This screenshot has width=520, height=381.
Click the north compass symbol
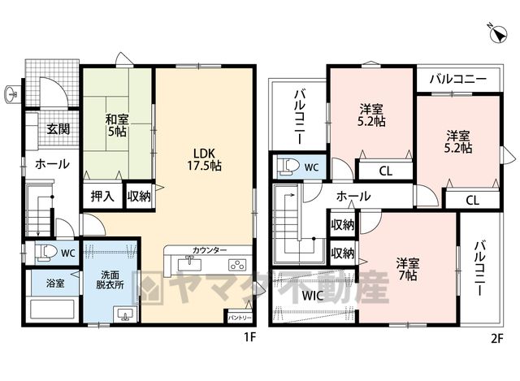coord(498,34)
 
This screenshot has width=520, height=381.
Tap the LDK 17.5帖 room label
coord(205,159)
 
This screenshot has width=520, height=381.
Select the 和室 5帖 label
coord(117,125)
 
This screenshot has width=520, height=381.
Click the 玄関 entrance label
coord(58,128)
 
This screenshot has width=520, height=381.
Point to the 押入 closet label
coord(102,197)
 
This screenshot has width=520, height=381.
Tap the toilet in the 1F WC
coord(44,253)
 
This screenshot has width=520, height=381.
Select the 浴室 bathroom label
coord(55,284)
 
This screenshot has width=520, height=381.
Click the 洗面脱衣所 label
coord(110,280)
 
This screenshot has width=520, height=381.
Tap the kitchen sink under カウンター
coord(189,264)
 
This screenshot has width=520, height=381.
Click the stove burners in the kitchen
coord(237,265)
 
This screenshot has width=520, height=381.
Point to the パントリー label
coord(240,318)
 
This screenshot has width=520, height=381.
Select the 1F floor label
coord(250,337)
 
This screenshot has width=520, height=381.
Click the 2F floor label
coord(497,338)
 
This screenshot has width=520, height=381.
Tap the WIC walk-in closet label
coord(312,296)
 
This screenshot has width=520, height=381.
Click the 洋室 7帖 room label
coord(408,269)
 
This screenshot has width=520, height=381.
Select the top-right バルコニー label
coord(458,80)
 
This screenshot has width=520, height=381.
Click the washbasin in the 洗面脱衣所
coord(124,314)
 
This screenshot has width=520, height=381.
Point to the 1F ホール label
coord(52,164)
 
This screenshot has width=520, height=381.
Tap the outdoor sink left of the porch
coord(13,94)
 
